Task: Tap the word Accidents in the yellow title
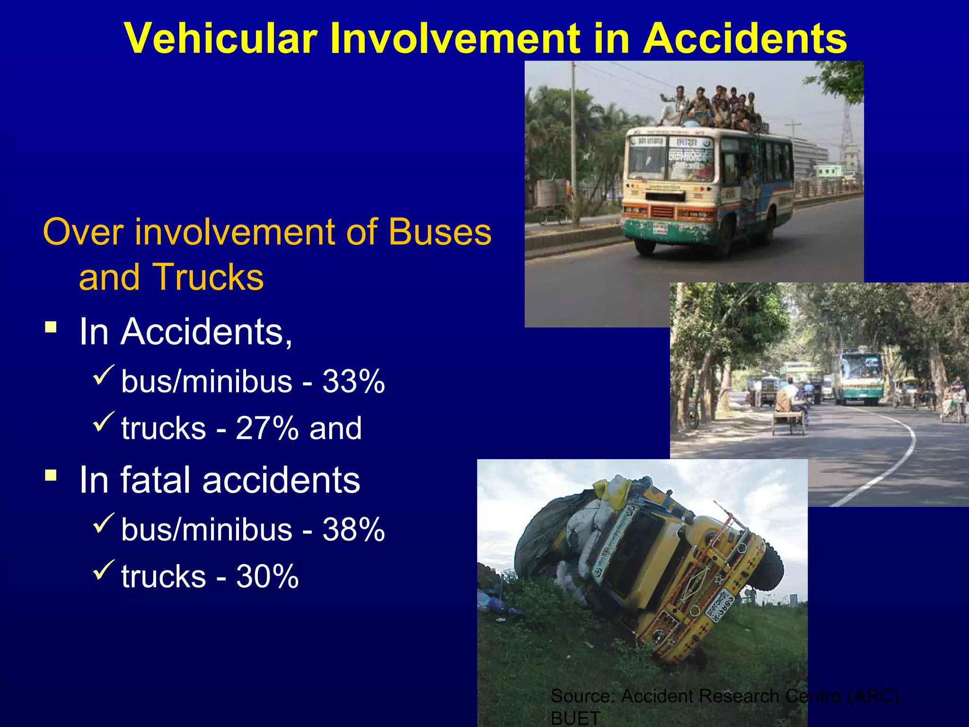point(745,39)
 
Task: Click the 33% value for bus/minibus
point(353,381)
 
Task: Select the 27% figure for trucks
point(267,428)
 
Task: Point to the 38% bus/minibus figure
point(353,530)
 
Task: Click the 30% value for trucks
point(267,576)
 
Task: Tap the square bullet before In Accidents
point(51,327)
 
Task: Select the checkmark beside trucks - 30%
point(104,570)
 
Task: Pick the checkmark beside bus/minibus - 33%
point(104,374)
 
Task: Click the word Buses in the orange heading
point(440,232)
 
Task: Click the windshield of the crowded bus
point(669,159)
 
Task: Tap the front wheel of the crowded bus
point(645,245)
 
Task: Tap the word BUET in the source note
point(575,718)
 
